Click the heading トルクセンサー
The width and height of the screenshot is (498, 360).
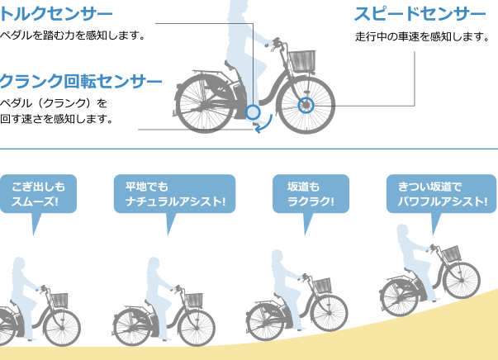click(x=56, y=14)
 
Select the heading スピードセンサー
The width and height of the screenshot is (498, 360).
click(x=420, y=14)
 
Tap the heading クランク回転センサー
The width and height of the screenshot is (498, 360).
click(x=81, y=81)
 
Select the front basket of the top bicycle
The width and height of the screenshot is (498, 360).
click(x=302, y=60)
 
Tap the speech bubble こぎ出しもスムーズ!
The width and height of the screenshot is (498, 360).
click(x=38, y=205)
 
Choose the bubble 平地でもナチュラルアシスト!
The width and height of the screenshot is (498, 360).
click(x=175, y=205)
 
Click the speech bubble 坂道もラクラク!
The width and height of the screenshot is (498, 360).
click(x=311, y=205)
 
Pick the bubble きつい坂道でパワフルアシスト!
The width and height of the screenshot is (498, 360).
click(x=441, y=205)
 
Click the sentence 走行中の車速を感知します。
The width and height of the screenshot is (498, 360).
click(x=422, y=37)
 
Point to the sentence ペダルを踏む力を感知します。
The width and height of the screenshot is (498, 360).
click(x=73, y=36)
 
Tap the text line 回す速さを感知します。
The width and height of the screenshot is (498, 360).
click(x=56, y=119)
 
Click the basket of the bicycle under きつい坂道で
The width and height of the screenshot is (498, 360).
click(x=451, y=253)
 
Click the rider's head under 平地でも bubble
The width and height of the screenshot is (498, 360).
click(x=154, y=263)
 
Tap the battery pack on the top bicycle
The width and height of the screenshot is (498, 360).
click(x=239, y=91)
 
